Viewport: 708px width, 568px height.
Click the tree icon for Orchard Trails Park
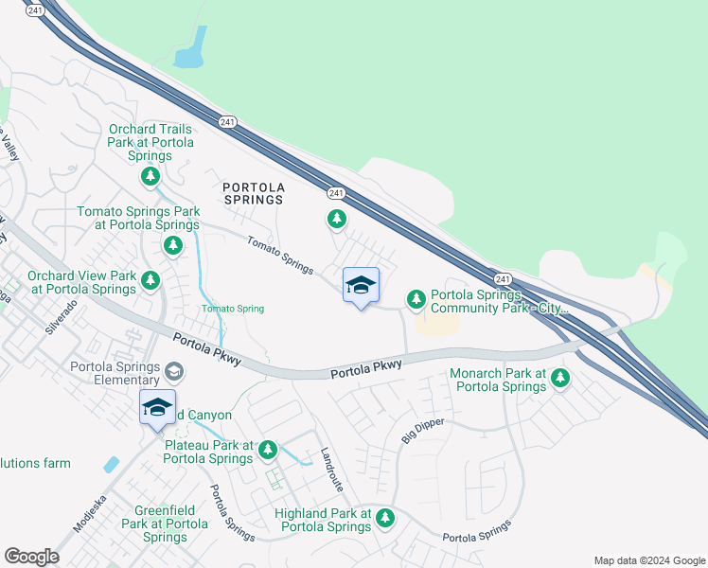coord(150,176)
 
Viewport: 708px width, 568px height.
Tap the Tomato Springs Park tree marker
coord(172,246)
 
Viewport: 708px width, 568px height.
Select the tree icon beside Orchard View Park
coord(150,280)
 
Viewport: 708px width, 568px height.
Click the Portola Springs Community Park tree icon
coord(416,299)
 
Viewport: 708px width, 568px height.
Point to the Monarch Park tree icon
coord(560,379)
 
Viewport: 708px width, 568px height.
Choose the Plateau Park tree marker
coord(268,450)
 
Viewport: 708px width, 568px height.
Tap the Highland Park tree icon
coord(384,518)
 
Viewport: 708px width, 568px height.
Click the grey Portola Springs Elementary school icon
coord(174,368)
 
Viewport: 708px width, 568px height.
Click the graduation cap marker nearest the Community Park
coord(361,286)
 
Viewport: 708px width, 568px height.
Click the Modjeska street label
coord(91,511)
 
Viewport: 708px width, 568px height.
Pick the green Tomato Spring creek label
coord(232,309)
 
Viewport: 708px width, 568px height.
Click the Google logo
coord(31,557)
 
